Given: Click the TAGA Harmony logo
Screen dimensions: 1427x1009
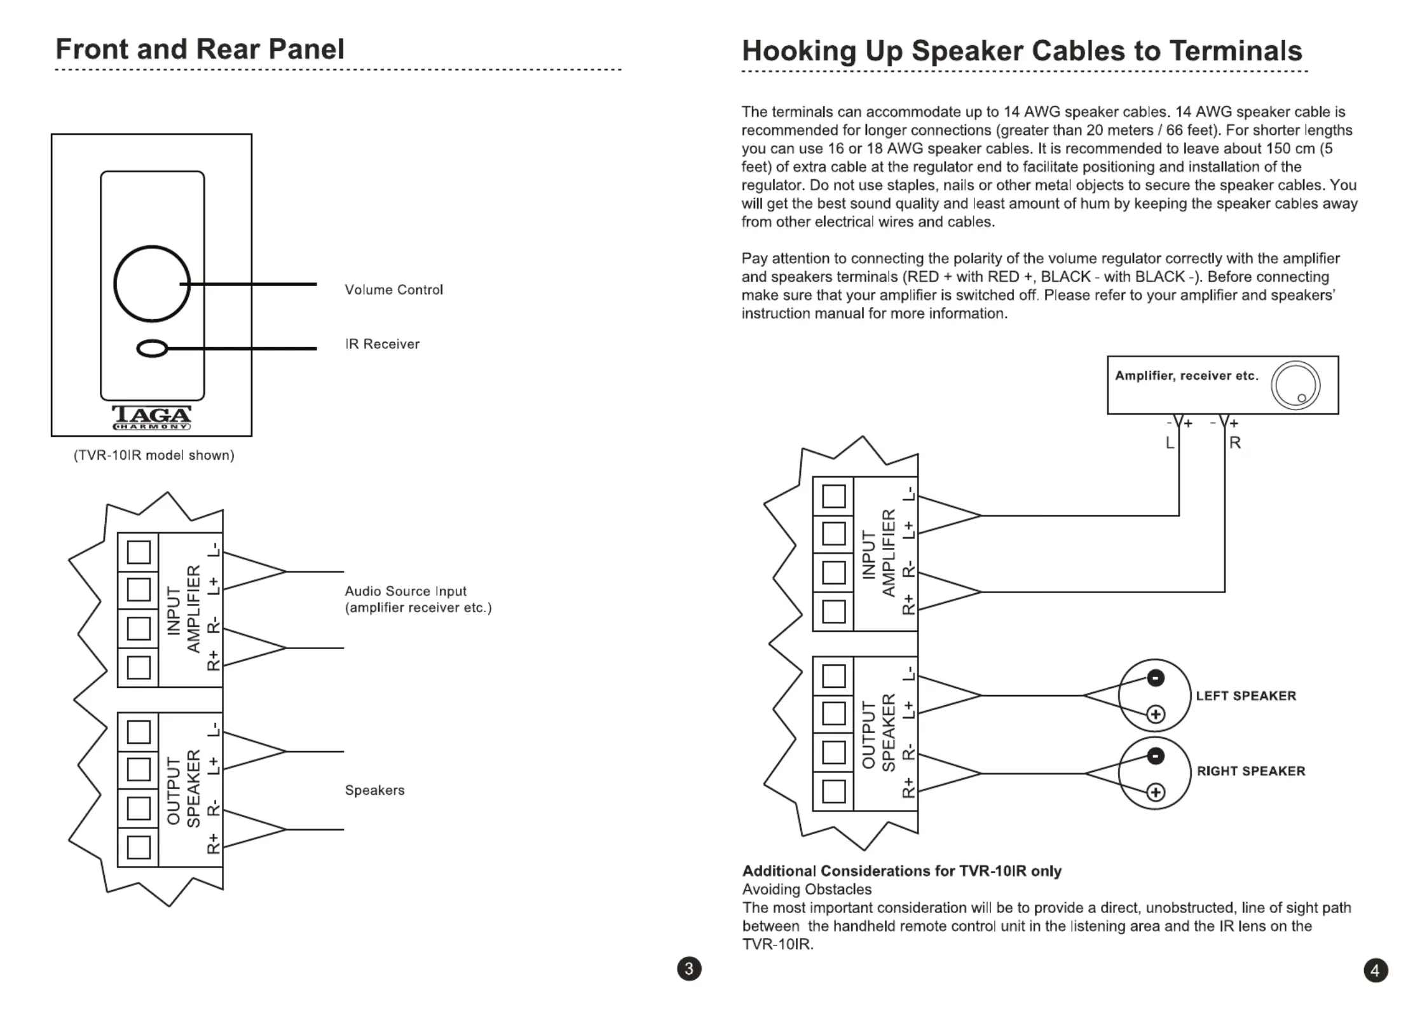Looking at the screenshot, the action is pyautogui.click(x=152, y=418).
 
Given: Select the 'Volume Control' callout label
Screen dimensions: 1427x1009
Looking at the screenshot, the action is pyautogui.click(x=393, y=290).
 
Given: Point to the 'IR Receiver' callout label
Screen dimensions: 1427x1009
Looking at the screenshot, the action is pyautogui.click(x=382, y=344).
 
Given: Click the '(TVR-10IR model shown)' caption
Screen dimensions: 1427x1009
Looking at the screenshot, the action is pyautogui.click(x=154, y=455).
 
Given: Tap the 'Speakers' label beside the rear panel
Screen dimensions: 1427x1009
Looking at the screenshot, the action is pyautogui.click(x=374, y=790).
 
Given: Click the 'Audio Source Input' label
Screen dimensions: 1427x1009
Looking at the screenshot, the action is pyautogui.click(x=406, y=591).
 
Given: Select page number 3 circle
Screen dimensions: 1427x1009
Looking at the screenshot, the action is pyautogui.click(x=689, y=968).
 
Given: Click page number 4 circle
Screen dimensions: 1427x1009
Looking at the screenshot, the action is pyautogui.click(x=1376, y=970).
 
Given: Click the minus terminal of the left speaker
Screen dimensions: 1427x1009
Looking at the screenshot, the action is pyautogui.click(x=1156, y=678).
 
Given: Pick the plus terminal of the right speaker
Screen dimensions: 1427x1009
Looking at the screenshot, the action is pyautogui.click(x=1156, y=792).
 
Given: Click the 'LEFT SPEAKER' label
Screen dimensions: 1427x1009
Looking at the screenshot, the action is pyautogui.click(x=1246, y=696).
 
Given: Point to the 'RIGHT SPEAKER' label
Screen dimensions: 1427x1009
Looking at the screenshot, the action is pyautogui.click(x=1251, y=771).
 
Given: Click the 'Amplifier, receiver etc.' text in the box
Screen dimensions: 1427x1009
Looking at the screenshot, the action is pyautogui.click(x=1187, y=376).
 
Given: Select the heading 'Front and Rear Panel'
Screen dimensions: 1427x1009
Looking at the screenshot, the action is pyautogui.click(x=200, y=49).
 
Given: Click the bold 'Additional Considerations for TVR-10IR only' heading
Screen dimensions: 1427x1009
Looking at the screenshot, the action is pyautogui.click(x=902, y=871).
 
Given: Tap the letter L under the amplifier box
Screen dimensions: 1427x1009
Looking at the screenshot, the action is pyautogui.click(x=1170, y=443).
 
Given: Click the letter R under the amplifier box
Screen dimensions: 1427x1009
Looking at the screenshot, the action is pyautogui.click(x=1235, y=443).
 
